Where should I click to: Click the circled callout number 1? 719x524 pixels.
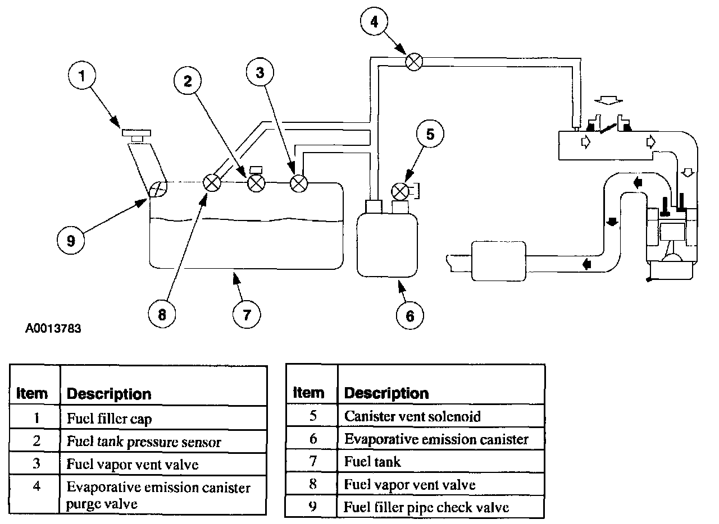83,77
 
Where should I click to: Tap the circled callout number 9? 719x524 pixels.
71,240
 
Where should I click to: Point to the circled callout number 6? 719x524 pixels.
409,315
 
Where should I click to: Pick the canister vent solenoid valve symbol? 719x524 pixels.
399,192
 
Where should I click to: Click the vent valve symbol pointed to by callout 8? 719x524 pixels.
212,183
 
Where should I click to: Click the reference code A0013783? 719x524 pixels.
53,328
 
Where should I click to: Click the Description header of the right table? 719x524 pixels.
386,393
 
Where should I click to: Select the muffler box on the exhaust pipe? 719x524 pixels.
498,261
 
